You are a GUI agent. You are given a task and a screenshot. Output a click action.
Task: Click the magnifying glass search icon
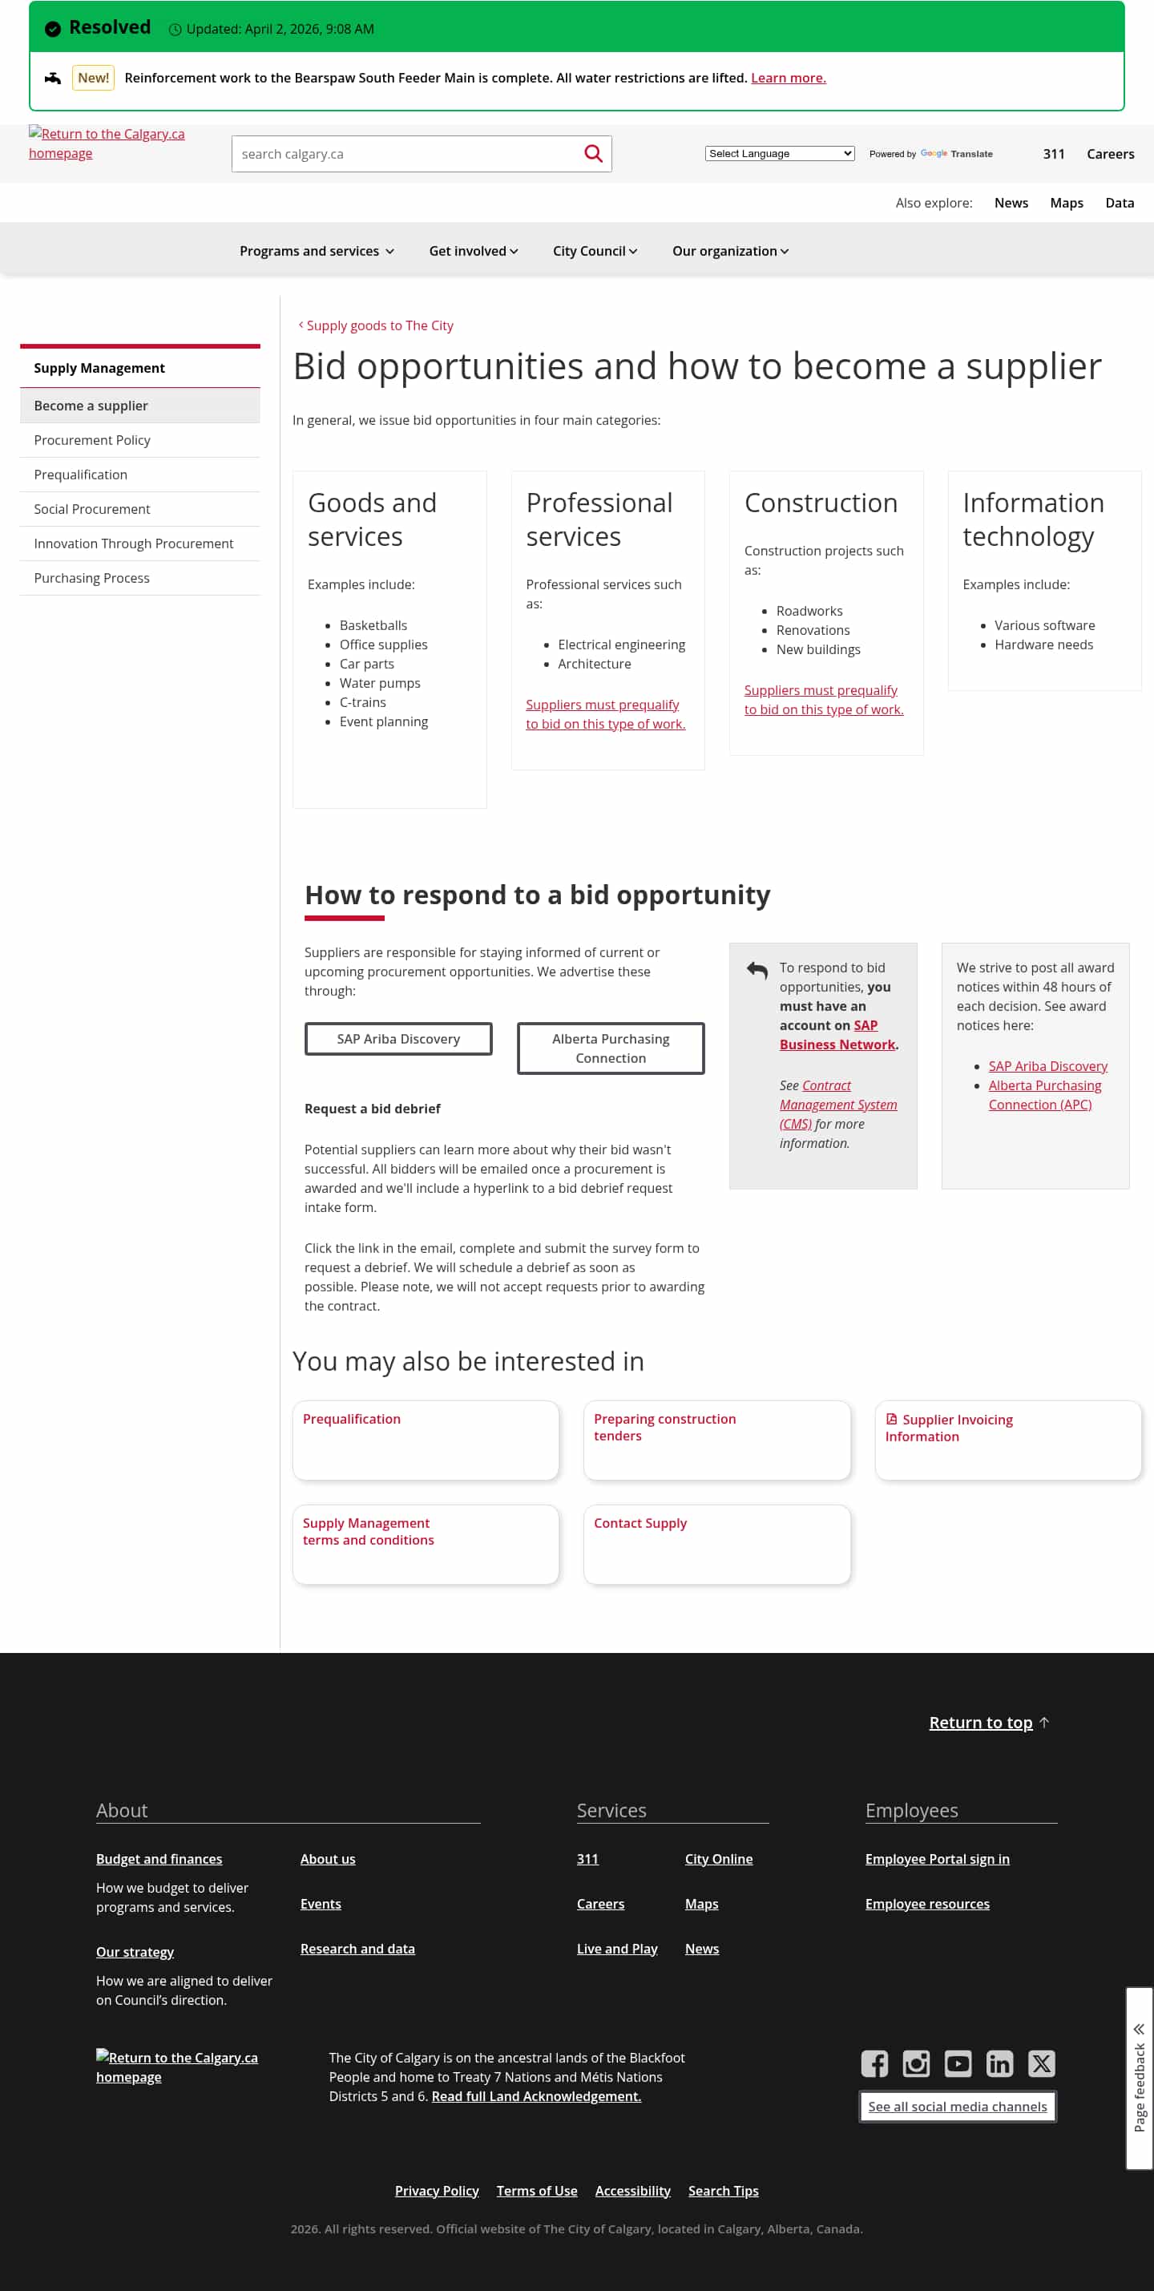(x=593, y=154)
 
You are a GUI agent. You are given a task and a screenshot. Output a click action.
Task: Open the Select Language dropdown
(x=779, y=154)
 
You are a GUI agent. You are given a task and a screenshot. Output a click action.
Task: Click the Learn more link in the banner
(x=788, y=79)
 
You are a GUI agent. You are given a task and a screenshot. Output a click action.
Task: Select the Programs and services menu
(x=317, y=251)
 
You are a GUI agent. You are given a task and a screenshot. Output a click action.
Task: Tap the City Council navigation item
(x=594, y=251)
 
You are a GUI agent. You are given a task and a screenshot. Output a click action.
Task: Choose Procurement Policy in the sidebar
(x=91, y=440)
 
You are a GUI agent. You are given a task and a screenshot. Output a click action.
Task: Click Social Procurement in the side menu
(x=91, y=509)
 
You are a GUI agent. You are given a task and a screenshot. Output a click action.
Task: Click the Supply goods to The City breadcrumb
(x=379, y=325)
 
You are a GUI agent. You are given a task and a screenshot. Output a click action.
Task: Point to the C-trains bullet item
(x=363, y=702)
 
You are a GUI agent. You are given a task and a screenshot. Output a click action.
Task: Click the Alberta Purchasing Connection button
(x=611, y=1049)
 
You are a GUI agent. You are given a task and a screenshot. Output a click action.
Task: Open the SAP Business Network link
(x=837, y=1035)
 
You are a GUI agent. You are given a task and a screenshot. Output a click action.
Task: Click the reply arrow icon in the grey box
(x=757, y=969)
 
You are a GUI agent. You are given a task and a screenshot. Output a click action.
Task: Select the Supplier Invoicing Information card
(x=1007, y=1439)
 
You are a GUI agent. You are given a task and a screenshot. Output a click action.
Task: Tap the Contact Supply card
(x=716, y=1543)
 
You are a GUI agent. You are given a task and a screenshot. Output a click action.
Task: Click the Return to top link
(x=981, y=1723)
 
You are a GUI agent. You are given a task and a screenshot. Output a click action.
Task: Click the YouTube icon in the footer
(x=958, y=2063)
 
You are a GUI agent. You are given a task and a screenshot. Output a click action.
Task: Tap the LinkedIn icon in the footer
(x=999, y=2063)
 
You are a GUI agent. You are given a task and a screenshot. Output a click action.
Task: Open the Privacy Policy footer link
(x=437, y=2191)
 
